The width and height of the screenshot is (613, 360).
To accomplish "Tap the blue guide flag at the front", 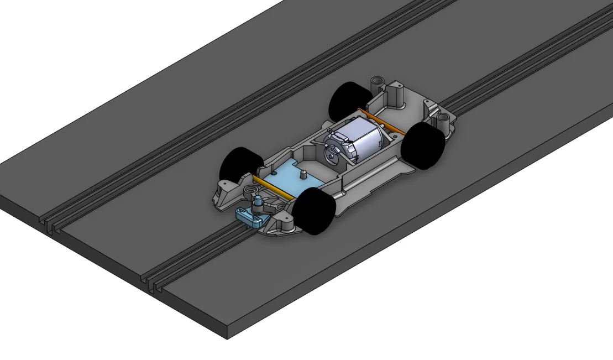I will tap(250, 217).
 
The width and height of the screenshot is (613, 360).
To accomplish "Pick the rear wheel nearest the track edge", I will tap(423, 145).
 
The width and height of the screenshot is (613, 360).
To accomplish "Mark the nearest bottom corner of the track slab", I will tap(227, 338).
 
